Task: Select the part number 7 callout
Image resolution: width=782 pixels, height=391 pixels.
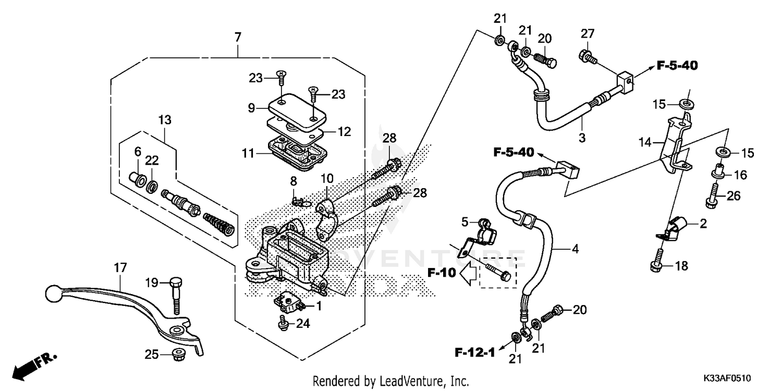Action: [238, 38]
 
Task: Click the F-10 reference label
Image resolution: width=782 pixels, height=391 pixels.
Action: [441, 272]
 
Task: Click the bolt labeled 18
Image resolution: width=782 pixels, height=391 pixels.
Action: [658, 260]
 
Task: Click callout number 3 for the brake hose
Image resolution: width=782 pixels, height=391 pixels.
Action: [582, 139]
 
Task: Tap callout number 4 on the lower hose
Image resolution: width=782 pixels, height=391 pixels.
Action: [575, 249]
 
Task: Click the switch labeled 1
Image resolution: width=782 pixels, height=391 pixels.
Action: [288, 301]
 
